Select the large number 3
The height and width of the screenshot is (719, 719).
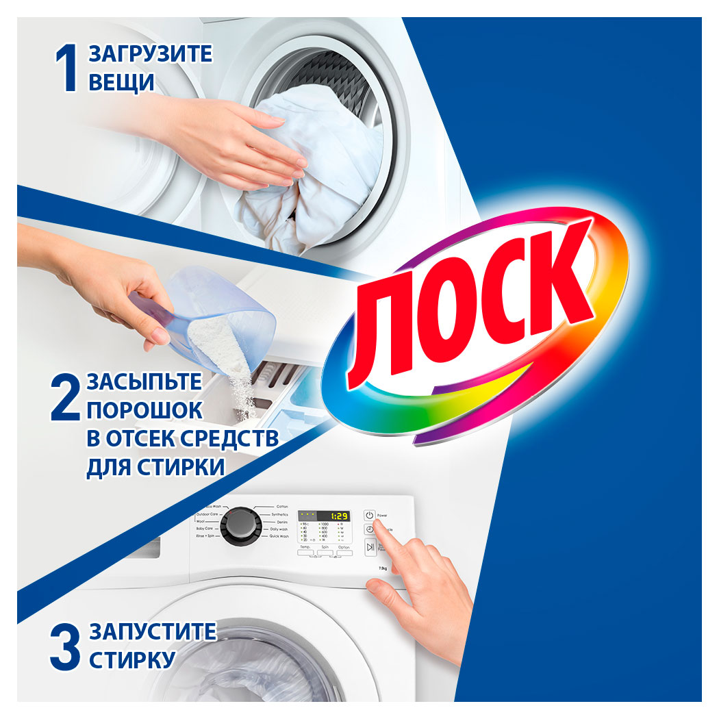pos(65,644)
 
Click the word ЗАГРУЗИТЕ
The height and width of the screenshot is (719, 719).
pos(151,54)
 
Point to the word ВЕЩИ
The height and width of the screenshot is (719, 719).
pos(121,83)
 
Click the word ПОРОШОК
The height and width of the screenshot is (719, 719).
pos(144,410)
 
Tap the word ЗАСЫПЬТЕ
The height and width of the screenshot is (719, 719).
pos(144,381)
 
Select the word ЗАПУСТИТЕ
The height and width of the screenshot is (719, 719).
pos(153,631)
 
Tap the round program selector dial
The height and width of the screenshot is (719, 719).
pos(241,524)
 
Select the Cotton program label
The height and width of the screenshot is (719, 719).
pos(282,507)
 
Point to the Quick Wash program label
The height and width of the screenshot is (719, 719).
pos(279,537)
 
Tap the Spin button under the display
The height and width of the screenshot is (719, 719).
pos(324,553)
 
